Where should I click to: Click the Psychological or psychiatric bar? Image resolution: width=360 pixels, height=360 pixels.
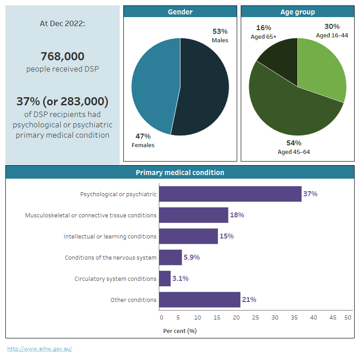click(230, 194)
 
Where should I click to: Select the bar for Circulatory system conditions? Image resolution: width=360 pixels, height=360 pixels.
click(165, 279)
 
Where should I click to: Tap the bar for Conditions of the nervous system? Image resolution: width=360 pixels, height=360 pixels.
click(170, 257)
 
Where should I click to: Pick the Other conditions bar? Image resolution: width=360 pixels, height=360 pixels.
click(199, 300)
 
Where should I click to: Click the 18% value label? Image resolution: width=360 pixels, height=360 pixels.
click(237, 215)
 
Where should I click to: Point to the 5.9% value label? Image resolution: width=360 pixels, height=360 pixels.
click(192, 257)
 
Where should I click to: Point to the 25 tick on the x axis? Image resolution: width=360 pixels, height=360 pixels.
click(256, 318)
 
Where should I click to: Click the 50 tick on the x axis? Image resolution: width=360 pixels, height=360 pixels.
click(348, 318)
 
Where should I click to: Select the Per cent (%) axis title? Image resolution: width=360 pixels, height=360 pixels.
click(180, 331)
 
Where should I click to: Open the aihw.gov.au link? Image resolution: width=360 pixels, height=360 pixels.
click(40, 349)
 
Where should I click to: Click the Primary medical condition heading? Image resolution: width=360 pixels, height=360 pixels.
click(180, 172)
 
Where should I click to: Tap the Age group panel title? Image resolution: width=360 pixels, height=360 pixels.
click(297, 12)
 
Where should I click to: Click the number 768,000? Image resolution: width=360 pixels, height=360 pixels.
click(62, 57)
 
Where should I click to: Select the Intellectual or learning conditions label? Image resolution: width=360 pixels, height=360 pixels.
click(110, 236)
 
